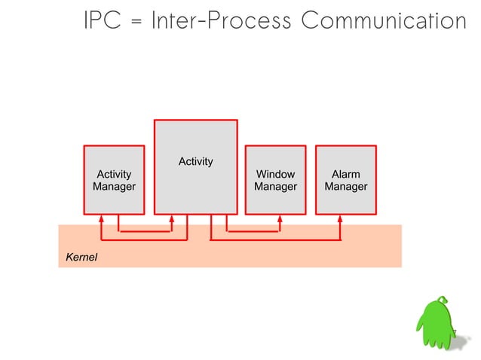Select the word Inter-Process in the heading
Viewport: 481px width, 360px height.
pyautogui.click(x=221, y=20)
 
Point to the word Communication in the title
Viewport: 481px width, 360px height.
pyautogui.click(x=383, y=20)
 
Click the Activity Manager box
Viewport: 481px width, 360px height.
pyautogui.click(x=114, y=180)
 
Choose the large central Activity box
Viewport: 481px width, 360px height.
pyautogui.click(x=196, y=166)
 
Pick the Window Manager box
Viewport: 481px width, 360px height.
pyautogui.click(x=275, y=180)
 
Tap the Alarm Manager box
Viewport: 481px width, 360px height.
pyautogui.click(x=345, y=180)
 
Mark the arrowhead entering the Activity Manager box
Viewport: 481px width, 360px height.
pyautogui.click(x=101, y=221)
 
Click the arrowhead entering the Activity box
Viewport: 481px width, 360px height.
pyautogui.click(x=172, y=221)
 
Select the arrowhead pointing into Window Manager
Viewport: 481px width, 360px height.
pyautogui.click(x=280, y=221)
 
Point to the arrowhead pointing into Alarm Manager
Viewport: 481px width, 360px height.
pyautogui.click(x=340, y=221)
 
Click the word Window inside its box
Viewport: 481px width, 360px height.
pyautogui.click(x=275, y=174)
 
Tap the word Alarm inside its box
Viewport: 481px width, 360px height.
pyautogui.click(x=345, y=174)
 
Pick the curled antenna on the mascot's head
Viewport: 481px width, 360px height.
pyautogui.click(x=445, y=301)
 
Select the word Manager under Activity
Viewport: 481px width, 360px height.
pyautogui.click(x=114, y=187)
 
